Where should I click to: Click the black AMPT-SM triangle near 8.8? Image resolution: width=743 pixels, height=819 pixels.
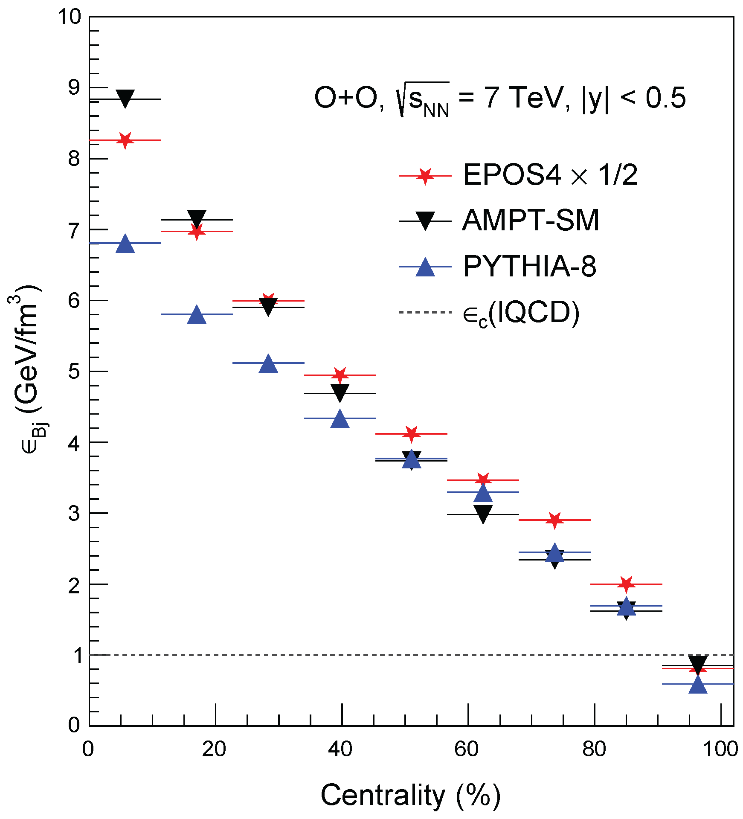click(125, 98)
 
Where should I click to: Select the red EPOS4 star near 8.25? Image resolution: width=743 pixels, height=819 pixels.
click(125, 140)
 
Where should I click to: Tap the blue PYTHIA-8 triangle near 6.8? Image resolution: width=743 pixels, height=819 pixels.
click(125, 244)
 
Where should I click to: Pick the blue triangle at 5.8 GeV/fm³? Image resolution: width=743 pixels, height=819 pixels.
click(197, 315)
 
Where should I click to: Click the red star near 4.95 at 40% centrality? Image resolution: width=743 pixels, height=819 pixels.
click(340, 375)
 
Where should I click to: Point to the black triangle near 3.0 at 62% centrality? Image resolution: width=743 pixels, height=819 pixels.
click(483, 514)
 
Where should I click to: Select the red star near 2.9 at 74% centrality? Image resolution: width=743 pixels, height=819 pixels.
click(554, 520)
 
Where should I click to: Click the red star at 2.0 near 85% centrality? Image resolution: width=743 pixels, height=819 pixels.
click(626, 584)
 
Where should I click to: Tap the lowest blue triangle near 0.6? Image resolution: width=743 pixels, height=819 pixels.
click(698, 685)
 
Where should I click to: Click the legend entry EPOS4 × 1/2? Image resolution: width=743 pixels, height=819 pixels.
click(550, 175)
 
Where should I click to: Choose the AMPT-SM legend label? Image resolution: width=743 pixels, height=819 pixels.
click(531, 221)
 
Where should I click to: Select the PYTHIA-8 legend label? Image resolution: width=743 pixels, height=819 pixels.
click(530, 267)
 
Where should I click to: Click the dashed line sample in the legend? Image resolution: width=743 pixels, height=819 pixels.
click(425, 312)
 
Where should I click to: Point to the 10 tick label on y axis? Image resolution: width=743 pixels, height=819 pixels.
click(69, 17)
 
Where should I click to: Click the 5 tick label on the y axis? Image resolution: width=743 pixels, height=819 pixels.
click(74, 372)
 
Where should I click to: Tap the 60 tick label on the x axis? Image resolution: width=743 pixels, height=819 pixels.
click(467, 749)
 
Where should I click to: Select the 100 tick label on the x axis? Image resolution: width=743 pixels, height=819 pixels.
click(720, 749)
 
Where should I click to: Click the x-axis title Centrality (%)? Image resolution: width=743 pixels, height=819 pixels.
click(410, 795)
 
